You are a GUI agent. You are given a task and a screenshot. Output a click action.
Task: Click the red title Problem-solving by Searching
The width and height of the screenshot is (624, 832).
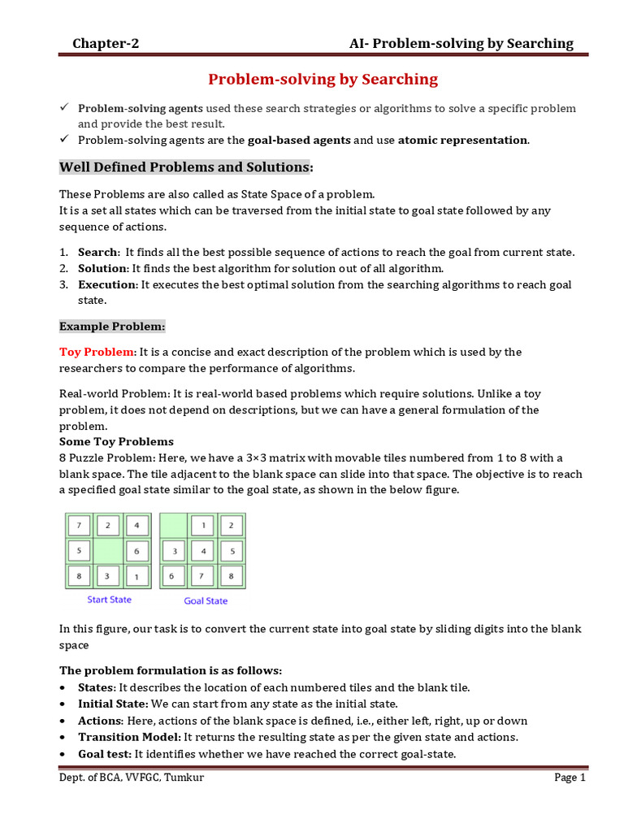[323, 79]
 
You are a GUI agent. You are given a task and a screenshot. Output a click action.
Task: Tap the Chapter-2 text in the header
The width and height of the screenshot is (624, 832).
[106, 43]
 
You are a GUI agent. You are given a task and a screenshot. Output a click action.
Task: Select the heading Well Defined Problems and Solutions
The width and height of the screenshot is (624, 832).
[185, 167]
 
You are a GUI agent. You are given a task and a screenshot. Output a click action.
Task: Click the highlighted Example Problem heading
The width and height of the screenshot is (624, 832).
[112, 327]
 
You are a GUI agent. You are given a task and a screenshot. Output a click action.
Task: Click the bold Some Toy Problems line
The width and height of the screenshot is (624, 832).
[116, 441]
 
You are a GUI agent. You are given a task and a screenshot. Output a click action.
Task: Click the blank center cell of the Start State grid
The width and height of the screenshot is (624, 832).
[108, 551]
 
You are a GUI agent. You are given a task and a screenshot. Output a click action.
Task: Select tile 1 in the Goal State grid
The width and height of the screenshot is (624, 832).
[202, 524]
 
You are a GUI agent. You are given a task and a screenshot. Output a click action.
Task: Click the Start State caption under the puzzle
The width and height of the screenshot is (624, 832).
[109, 600]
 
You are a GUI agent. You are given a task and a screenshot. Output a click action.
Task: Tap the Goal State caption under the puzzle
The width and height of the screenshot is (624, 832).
[206, 600]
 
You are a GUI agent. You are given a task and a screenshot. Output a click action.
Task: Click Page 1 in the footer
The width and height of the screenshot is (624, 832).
[570, 778]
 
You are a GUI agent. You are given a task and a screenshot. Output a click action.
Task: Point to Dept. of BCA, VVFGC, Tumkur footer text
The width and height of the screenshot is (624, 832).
[132, 778]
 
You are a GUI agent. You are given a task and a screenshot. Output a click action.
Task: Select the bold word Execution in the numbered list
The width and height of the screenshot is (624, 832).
[107, 284]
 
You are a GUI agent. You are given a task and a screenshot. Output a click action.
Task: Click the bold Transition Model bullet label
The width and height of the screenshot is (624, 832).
[129, 737]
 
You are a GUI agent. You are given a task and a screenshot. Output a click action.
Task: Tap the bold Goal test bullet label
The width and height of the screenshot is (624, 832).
[104, 754]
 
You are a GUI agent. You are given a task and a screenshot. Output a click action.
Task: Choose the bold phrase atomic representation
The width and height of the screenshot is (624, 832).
[462, 140]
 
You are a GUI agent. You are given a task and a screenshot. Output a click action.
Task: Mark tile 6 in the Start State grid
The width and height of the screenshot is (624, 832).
[136, 552]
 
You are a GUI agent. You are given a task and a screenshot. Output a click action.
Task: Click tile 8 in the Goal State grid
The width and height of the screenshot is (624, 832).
[231, 577]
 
